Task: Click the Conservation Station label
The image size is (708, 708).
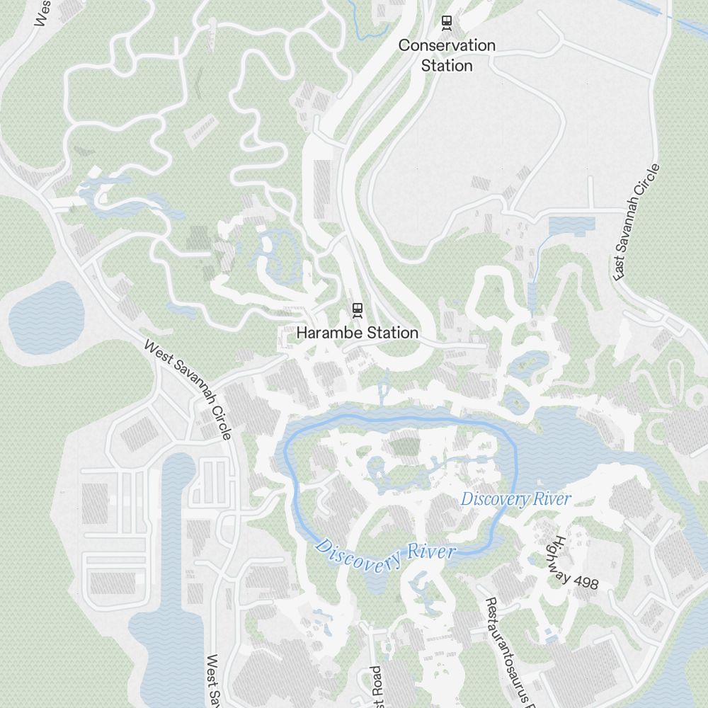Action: (x=447, y=55)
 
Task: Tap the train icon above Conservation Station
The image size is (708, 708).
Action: (x=447, y=23)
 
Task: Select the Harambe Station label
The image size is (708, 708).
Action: (x=357, y=332)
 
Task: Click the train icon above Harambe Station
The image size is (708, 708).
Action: (x=358, y=309)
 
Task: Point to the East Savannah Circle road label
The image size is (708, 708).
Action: (x=637, y=222)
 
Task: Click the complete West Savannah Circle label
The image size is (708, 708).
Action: (x=188, y=389)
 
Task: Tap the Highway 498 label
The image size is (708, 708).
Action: (x=573, y=563)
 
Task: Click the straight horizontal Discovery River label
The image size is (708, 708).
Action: (x=515, y=498)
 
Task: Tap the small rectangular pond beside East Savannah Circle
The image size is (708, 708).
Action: (x=571, y=227)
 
